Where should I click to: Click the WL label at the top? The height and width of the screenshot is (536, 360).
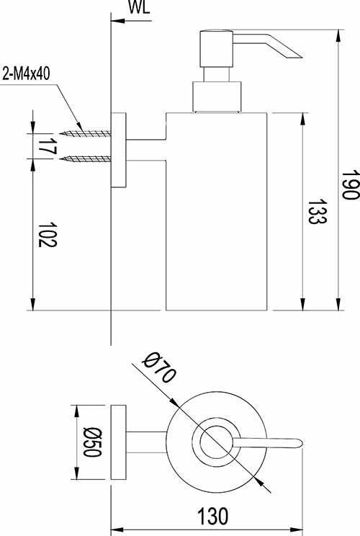(x=139, y=7)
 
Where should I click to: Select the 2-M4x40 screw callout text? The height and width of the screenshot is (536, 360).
(x=27, y=73)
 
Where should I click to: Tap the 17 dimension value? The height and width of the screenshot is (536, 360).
(x=48, y=146)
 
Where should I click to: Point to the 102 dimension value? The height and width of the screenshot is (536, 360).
(x=47, y=235)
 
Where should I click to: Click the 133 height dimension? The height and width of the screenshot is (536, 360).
(x=318, y=212)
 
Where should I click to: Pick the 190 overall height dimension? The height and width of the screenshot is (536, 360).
(x=351, y=184)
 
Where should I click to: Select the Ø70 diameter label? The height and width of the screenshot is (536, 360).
(x=159, y=367)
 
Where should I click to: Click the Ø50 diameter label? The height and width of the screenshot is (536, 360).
(x=92, y=442)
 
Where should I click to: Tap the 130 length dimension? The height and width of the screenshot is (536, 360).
(x=212, y=516)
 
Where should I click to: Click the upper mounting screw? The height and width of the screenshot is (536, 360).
(x=85, y=133)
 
